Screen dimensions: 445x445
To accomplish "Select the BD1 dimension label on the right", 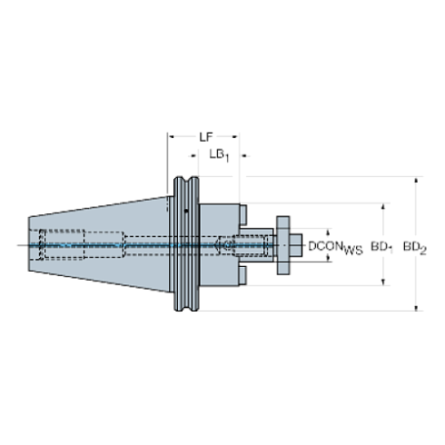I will coord(382,246).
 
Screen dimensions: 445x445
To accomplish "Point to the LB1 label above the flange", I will coord(219,155).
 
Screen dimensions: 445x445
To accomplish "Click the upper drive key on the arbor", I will coord(244,217).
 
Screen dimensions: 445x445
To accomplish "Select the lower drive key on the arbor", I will coord(244,273).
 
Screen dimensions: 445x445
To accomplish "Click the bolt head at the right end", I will coord(285,245).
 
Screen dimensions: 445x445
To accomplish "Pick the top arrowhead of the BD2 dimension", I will coord(416,182).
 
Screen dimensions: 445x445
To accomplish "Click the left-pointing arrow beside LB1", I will coord(192,155).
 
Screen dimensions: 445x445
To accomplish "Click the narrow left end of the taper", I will coord(29,245).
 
